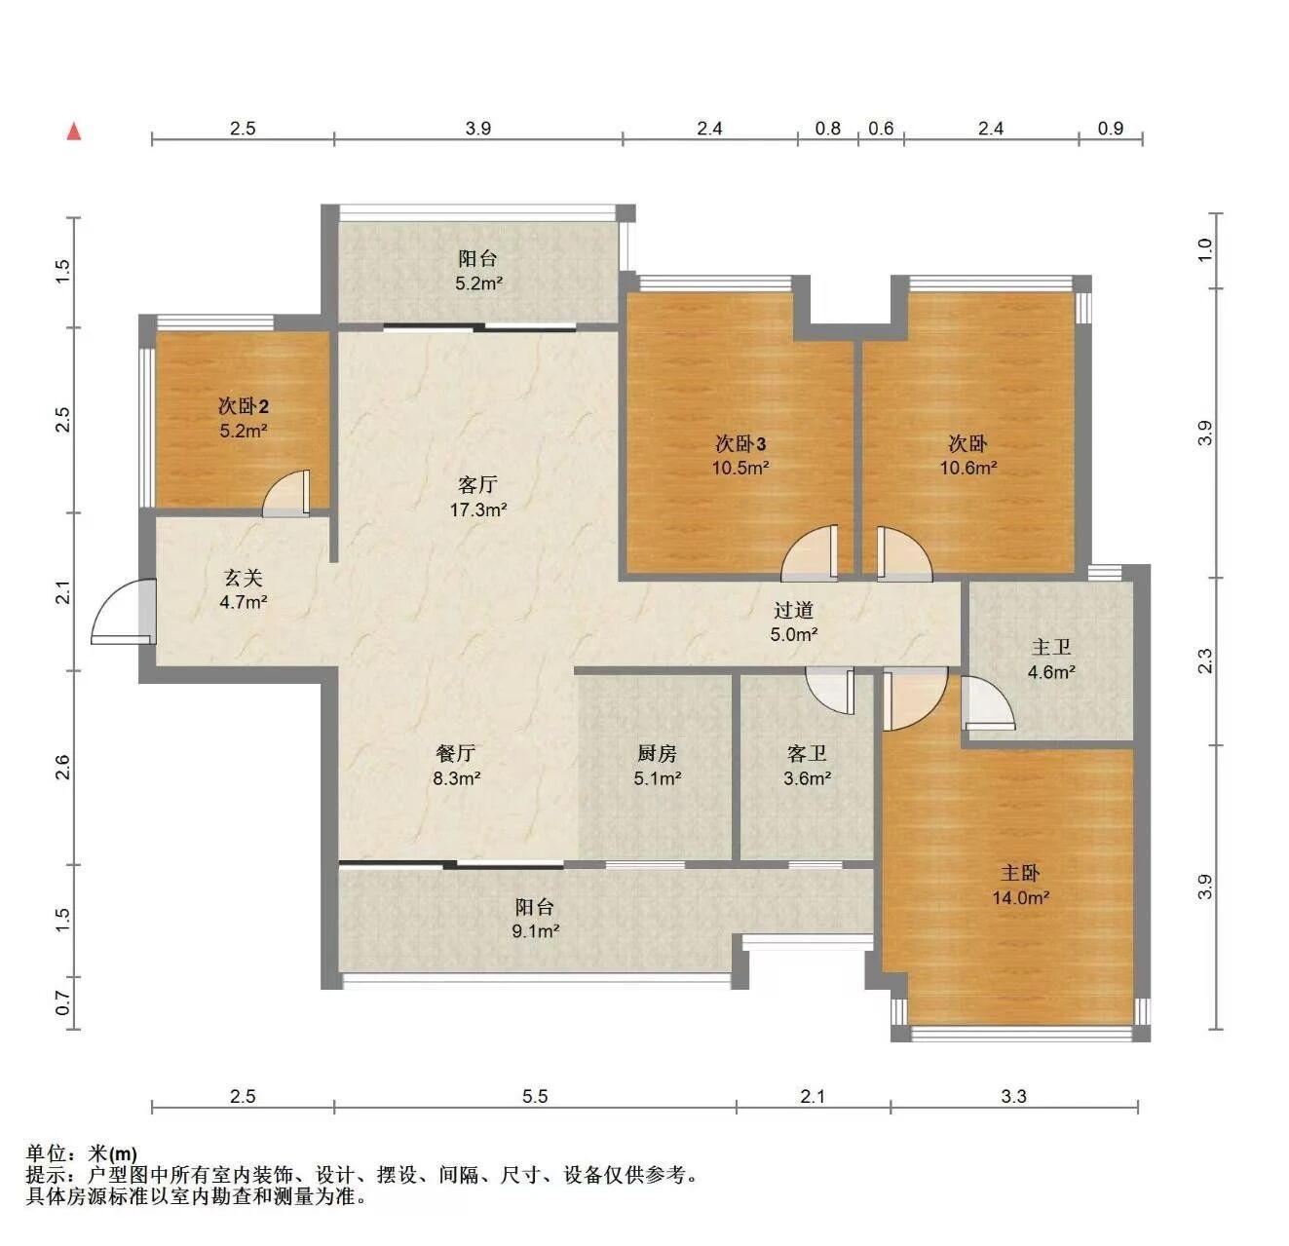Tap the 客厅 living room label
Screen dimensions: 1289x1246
click(476, 485)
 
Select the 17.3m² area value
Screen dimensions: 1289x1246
click(478, 510)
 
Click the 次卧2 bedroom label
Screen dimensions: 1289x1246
click(244, 406)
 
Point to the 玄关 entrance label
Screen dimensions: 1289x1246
click(244, 578)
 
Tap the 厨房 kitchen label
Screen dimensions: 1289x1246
click(657, 753)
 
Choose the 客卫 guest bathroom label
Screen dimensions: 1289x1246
click(807, 753)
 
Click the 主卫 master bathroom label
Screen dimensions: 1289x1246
click(1050, 647)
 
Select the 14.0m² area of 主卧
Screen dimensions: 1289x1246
click(1020, 898)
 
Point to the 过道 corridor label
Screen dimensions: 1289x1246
click(793, 610)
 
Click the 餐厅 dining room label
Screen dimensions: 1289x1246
click(456, 753)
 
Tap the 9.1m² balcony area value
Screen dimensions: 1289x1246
click(535, 931)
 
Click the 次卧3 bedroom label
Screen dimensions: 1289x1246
click(740, 443)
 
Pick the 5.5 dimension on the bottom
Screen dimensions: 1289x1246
click(535, 1096)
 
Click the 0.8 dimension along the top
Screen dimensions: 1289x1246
click(827, 129)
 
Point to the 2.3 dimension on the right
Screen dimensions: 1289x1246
click(1205, 661)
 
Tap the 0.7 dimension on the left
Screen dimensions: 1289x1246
click(62, 1002)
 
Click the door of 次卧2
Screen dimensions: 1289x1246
click(286, 494)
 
